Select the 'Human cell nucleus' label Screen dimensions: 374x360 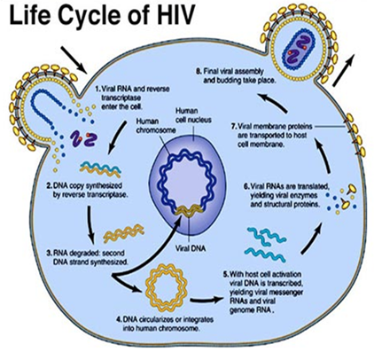click(193, 115)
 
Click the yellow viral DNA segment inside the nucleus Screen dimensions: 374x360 click(189, 210)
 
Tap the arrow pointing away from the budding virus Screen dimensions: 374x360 click(343, 70)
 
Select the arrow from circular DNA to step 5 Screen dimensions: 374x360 click(206, 301)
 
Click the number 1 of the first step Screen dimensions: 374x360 click(97, 89)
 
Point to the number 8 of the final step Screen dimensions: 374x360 click(199, 71)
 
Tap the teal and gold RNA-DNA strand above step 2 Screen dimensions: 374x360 click(100, 169)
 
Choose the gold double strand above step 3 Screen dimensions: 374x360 click(123, 233)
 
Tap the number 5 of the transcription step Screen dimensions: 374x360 click(225, 274)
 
